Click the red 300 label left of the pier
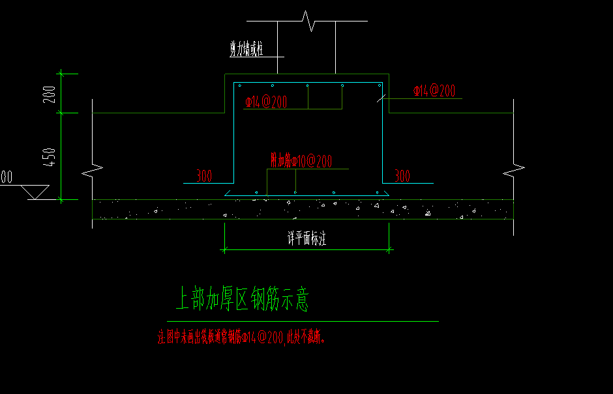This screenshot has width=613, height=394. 204,176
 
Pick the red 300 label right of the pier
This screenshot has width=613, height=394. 402,176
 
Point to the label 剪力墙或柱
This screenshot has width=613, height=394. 246,49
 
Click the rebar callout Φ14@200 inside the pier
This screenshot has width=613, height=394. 266,102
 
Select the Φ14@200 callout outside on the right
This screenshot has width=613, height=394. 434,91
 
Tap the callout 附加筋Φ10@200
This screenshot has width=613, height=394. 301,161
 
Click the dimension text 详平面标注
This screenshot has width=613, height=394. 306,238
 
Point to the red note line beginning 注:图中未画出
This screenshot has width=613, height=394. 241,337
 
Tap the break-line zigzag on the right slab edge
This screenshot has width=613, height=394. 514,171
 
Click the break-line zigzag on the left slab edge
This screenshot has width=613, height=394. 92,171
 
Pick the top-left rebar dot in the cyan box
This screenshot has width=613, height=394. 239,85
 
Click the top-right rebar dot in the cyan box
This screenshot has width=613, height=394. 379,85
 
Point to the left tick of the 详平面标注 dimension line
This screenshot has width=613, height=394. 225,249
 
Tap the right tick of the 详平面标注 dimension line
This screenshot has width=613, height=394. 389,249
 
